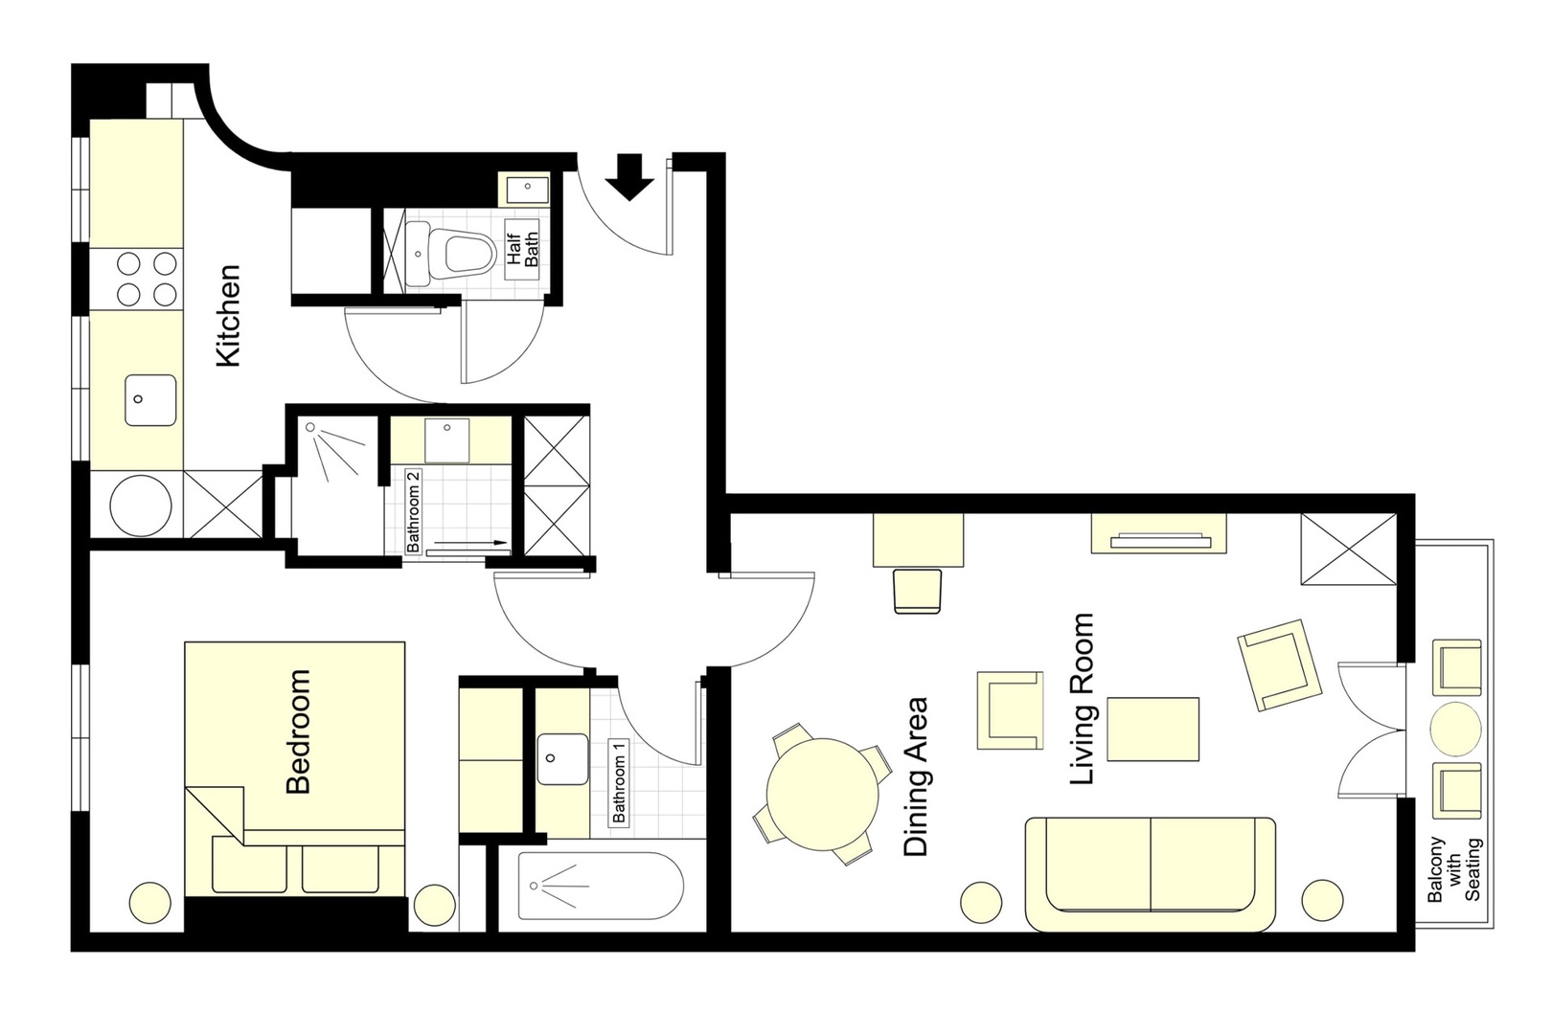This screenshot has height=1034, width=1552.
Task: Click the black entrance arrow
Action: pyautogui.click(x=629, y=177)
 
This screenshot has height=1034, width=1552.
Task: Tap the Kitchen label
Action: pyautogui.click(x=228, y=316)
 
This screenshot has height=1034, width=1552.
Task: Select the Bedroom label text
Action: pyautogui.click(x=298, y=731)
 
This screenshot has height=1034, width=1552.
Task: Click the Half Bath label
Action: pyautogui.click(x=523, y=249)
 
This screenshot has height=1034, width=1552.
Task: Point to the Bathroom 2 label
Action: pyautogui.click(x=414, y=512)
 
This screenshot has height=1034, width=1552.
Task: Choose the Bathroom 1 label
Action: pyautogui.click(x=619, y=782)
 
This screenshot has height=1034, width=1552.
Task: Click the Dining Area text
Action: pyautogui.click(x=915, y=777)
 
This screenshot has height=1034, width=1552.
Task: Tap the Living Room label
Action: pyautogui.click(x=1082, y=700)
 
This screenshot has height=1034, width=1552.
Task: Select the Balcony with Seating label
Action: pyautogui.click(x=1454, y=870)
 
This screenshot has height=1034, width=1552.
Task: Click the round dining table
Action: pyautogui.click(x=822, y=795)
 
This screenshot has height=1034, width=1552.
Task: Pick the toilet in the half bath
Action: pyautogui.click(x=461, y=253)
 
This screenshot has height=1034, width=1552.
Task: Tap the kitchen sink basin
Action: pyautogui.click(x=150, y=400)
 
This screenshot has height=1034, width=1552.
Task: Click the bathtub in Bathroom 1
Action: pyautogui.click(x=601, y=886)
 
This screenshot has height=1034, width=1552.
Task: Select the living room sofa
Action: pyautogui.click(x=1151, y=875)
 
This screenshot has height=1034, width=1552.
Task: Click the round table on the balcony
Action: pyautogui.click(x=1455, y=730)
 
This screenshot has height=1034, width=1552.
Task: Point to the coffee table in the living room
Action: pyautogui.click(x=1153, y=730)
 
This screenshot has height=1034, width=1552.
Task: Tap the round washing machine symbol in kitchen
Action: pyautogui.click(x=141, y=506)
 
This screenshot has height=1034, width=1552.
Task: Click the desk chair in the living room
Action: pyautogui.click(x=918, y=591)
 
